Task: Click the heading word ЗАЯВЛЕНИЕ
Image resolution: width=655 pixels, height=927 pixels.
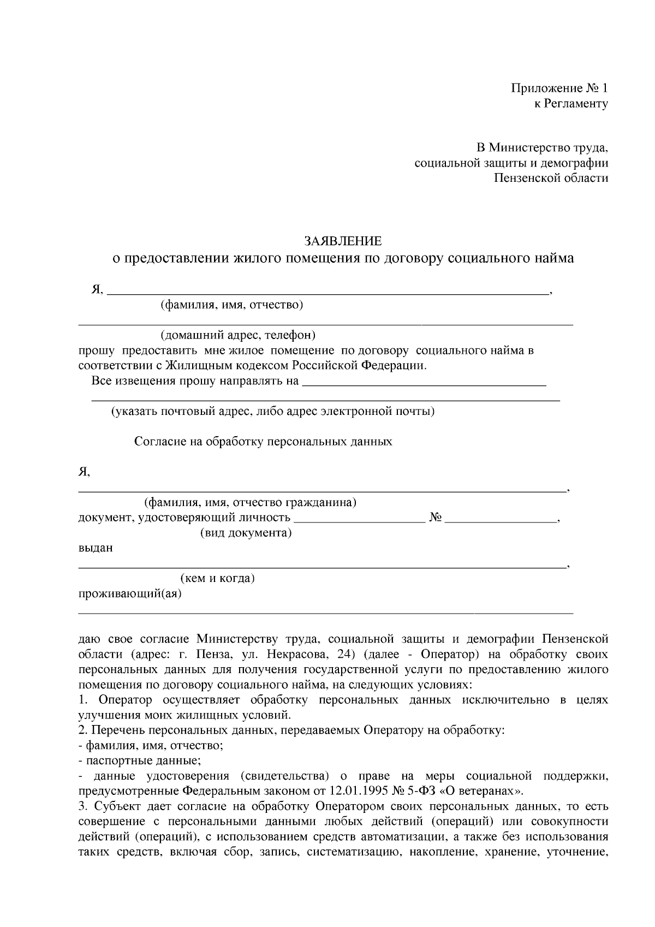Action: [x=343, y=241]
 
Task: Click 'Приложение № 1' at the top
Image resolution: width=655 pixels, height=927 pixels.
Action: [x=559, y=88]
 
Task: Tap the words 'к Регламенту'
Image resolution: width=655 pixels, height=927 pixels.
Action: [x=570, y=104]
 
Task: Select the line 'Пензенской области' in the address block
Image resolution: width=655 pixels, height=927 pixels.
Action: [x=551, y=178]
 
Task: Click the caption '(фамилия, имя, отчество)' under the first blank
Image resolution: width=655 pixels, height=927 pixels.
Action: [x=231, y=305]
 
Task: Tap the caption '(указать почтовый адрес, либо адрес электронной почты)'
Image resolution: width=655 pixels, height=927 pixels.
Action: [x=273, y=411]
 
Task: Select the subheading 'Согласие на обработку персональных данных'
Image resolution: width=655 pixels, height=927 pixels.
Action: [x=263, y=442]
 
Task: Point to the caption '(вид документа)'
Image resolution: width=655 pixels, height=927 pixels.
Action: [x=246, y=533]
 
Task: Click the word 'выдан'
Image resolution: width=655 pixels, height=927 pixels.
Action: [x=96, y=548]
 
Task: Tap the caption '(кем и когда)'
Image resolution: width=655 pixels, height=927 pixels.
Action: [x=218, y=578]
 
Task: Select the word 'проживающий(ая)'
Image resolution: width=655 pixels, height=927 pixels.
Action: [x=130, y=593]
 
